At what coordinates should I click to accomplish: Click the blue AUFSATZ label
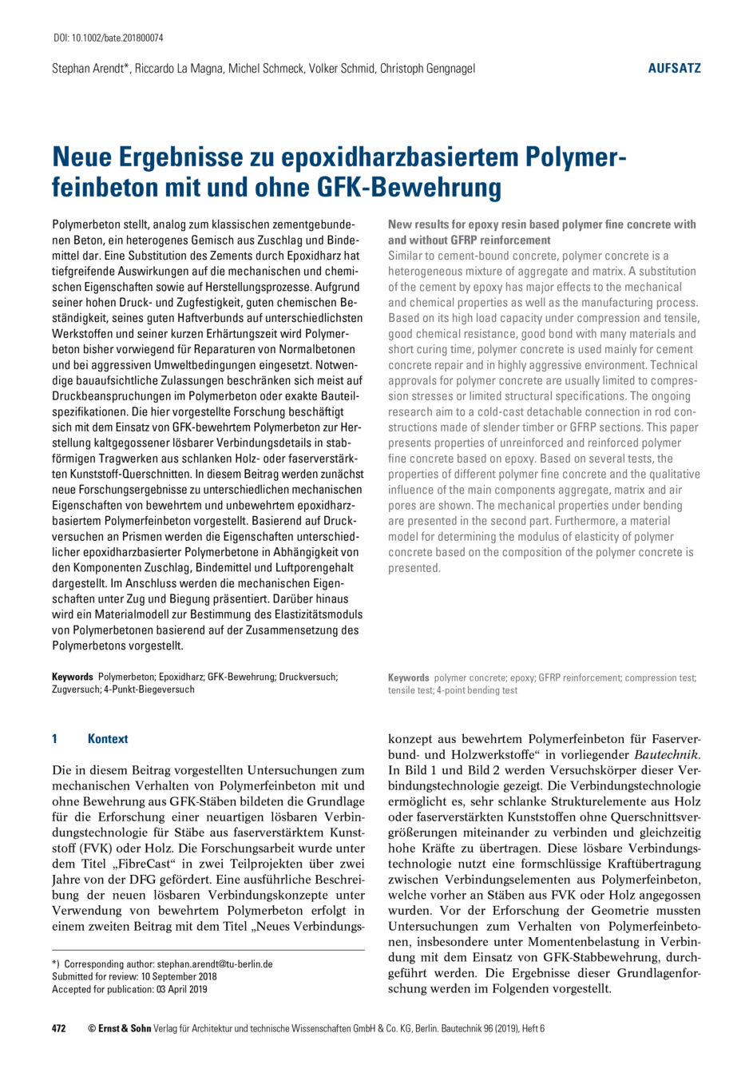(674, 69)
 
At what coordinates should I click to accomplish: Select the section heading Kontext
(108, 739)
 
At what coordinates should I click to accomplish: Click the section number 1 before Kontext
(55, 739)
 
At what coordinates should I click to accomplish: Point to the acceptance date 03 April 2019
(180, 989)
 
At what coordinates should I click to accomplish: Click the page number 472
(59, 1028)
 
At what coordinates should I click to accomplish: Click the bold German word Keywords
(73, 677)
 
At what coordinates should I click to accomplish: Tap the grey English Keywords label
(409, 678)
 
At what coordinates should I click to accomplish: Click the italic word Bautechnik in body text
(666, 754)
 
